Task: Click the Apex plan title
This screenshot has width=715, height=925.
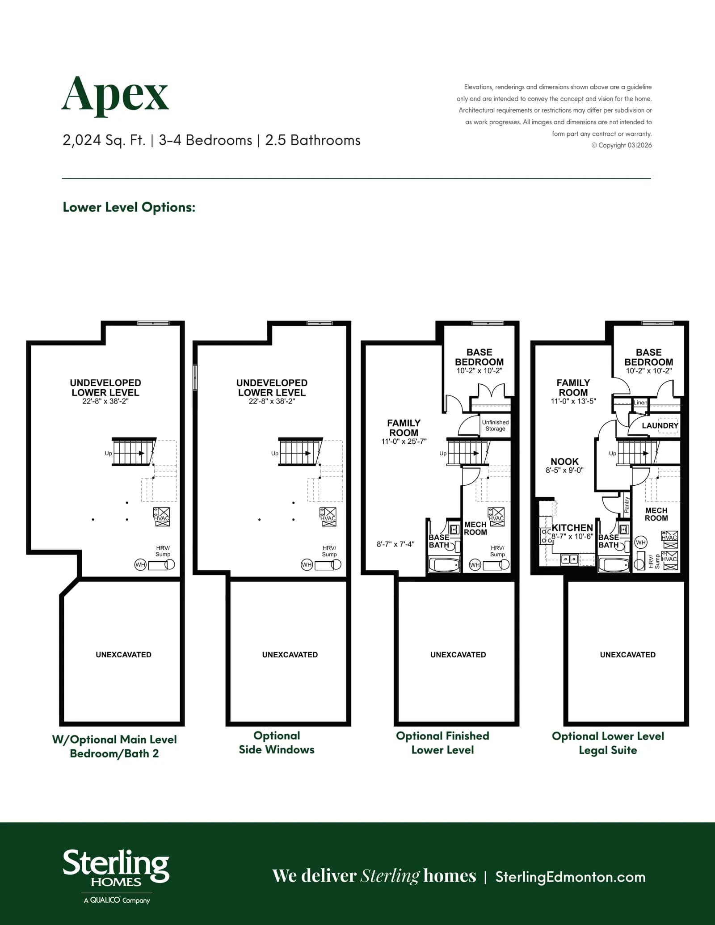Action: click(x=115, y=95)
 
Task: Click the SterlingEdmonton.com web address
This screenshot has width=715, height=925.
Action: click(x=570, y=877)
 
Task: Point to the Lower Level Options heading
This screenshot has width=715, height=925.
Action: click(x=129, y=207)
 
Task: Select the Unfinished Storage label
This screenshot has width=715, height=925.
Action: click(x=495, y=425)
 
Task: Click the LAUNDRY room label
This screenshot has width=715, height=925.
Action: click(x=660, y=425)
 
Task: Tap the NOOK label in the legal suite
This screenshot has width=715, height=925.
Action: click(x=564, y=461)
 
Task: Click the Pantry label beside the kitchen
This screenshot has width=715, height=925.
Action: click(x=627, y=505)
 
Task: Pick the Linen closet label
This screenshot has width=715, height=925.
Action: click(x=640, y=403)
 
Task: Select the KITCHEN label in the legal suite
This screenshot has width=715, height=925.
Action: click(x=572, y=528)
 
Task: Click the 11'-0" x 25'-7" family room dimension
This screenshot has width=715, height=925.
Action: click(x=404, y=441)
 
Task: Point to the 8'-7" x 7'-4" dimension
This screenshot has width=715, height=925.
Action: click(x=395, y=544)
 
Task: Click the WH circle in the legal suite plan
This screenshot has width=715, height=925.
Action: click(x=641, y=542)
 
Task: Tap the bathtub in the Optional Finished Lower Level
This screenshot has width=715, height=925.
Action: click(x=444, y=564)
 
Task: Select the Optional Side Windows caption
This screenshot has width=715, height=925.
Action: click(x=277, y=743)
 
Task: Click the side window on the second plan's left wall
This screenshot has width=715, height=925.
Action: click(x=195, y=377)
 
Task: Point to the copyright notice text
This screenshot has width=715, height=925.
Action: click(x=622, y=145)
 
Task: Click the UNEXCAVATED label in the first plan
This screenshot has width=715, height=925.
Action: click(x=123, y=655)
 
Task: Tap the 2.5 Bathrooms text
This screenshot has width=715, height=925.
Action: click(x=313, y=140)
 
